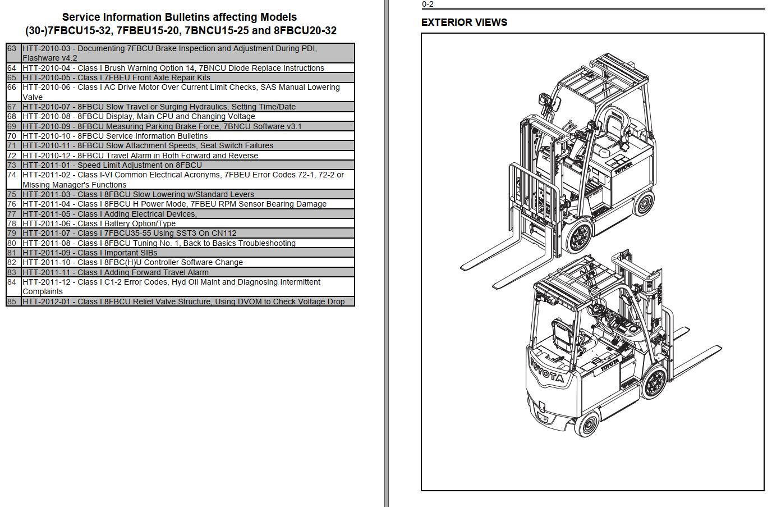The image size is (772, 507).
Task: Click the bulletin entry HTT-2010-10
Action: [115, 136]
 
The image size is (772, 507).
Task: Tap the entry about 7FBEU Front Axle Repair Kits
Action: [116, 77]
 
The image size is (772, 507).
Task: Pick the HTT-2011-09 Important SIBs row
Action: [90, 253]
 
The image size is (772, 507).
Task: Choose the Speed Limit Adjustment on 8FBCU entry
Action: [112, 165]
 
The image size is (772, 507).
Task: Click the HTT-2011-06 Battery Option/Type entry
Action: [99, 223]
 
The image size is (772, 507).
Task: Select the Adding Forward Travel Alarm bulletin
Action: [116, 272]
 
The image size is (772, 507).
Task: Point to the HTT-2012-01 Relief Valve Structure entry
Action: [183, 302]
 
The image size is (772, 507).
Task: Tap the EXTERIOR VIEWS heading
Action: [464, 22]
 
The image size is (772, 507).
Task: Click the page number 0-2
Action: [428, 4]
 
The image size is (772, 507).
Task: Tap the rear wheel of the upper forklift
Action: [643, 203]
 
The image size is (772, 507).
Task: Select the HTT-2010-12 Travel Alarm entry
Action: [140, 156]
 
